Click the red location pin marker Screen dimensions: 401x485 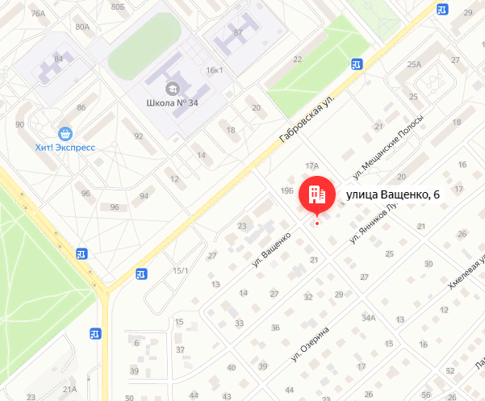coord(314,194)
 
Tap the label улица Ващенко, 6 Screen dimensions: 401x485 coord(393,194)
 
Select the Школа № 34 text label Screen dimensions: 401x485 coord(172,103)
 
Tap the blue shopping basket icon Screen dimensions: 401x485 coord(65,132)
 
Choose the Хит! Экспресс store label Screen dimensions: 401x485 coord(65,148)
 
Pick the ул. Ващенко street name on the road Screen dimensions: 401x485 coord(271,250)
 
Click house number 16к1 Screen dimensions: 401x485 coord(215,71)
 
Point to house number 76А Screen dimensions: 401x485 coord(37,14)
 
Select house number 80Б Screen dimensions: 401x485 coord(118,6)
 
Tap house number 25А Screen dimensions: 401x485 coord(415,65)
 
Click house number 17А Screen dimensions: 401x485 coord(312,165)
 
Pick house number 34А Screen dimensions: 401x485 coord(369,318)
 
